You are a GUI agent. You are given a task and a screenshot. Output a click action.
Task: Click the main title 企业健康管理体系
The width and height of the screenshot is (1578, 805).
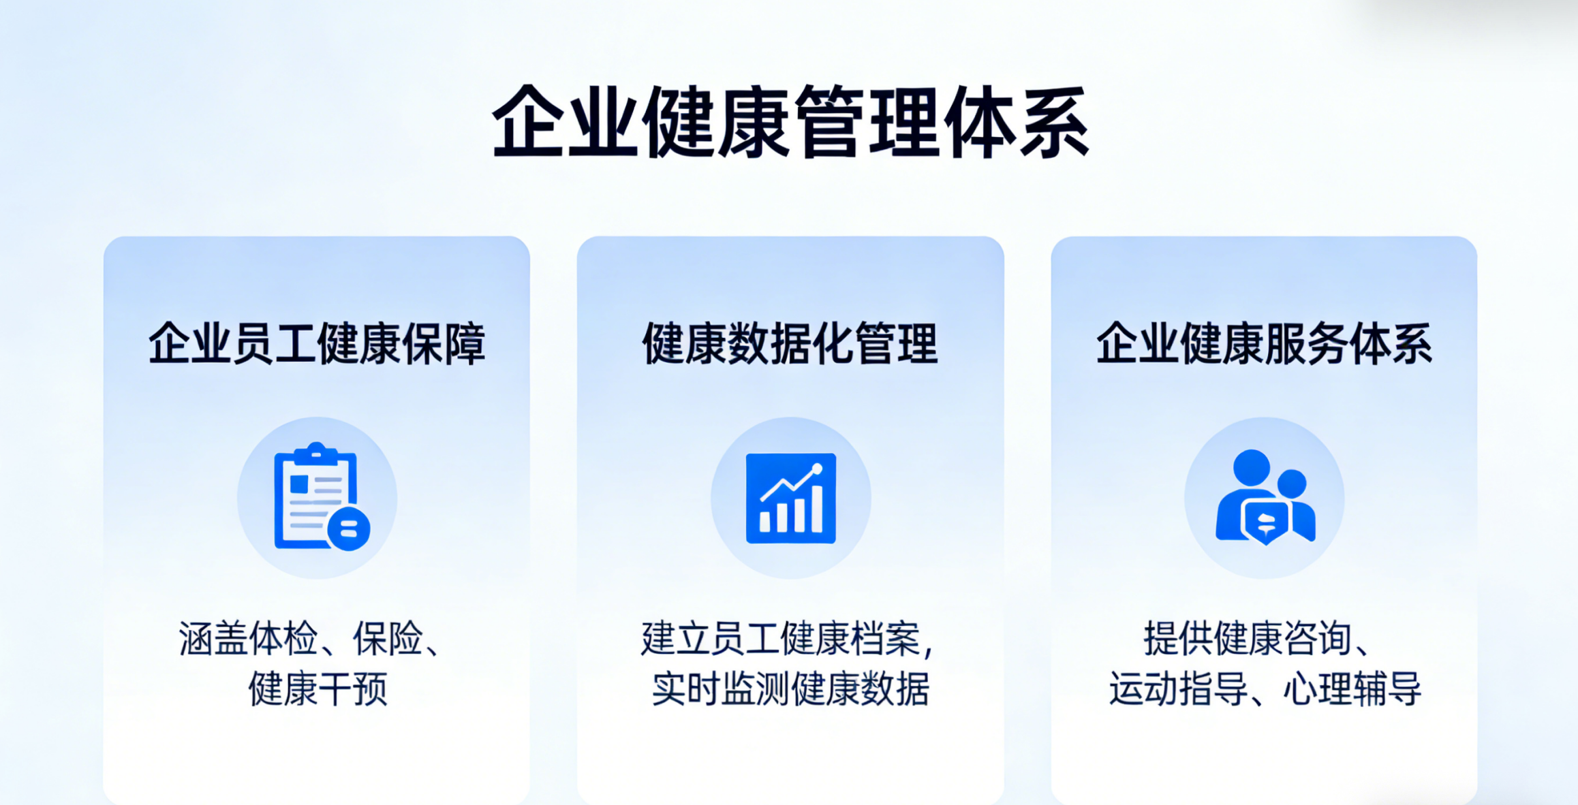pos(790,123)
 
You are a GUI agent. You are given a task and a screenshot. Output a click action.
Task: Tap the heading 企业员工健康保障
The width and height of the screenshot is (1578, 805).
pos(317,344)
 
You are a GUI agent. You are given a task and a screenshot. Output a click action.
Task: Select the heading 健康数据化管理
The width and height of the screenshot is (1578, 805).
pos(790,344)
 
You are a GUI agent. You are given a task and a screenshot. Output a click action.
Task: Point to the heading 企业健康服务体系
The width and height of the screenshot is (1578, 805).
pos(1264,344)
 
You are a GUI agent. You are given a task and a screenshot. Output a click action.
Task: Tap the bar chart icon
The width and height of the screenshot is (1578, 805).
pos(791,498)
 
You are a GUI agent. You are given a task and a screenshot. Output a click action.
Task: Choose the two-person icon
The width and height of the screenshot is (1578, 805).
pos(1265,497)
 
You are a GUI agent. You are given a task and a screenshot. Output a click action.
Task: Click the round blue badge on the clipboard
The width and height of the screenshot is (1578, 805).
pos(349,528)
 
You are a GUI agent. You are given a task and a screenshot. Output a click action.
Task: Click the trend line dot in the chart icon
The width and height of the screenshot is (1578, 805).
pos(816,469)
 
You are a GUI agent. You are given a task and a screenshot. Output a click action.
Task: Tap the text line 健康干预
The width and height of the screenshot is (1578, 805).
pos(318,689)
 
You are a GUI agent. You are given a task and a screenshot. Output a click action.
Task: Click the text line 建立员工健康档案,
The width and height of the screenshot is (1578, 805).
pos(788,639)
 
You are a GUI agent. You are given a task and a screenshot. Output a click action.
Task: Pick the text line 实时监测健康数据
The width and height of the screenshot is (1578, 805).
pos(790,689)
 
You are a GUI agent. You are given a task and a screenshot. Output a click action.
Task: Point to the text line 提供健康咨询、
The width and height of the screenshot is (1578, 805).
pos(1258,639)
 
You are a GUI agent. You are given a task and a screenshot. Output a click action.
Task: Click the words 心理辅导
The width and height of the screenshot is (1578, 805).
pos(1352,689)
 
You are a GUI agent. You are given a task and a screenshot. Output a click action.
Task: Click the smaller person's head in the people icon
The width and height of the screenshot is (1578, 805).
pos(1292,484)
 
